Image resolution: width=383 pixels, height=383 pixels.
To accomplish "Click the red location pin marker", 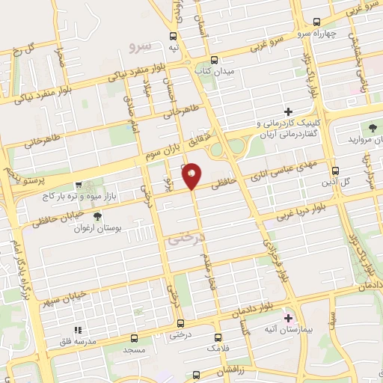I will coord(192,175).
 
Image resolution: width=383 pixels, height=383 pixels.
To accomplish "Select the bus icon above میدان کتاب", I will coord(215,59).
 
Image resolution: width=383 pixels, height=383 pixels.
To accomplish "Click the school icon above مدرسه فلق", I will coord(76,328).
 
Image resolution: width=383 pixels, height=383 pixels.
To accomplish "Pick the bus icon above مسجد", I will coord(134,337).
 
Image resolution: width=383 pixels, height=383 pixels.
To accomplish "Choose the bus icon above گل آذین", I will coord(335,170).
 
